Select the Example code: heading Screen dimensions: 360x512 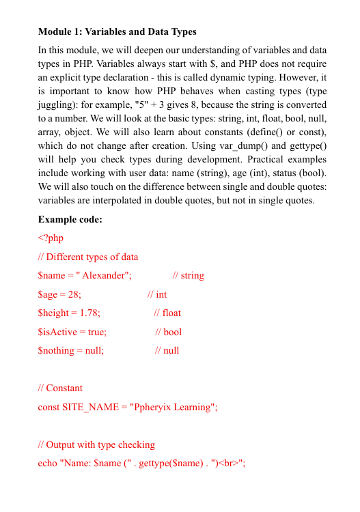[70, 219]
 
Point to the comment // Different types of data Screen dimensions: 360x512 [88, 257]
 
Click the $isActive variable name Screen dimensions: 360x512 [57, 332]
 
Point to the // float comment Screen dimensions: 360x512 [167, 313]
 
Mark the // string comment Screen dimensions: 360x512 [188, 276]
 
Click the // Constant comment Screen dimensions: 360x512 [60, 388]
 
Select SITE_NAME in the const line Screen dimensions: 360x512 [89, 407]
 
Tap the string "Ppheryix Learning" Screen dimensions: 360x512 [173, 407]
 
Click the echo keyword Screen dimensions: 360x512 [48, 464]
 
